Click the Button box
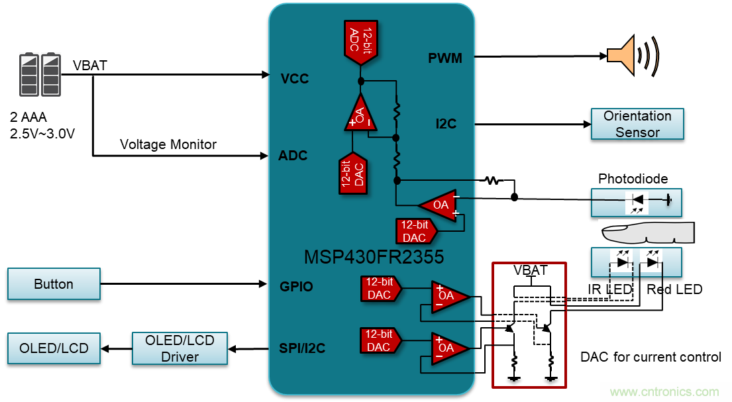[x=54, y=283]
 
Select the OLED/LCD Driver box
[x=180, y=348]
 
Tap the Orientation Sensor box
[x=637, y=124]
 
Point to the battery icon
[x=40, y=75]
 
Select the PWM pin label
[x=444, y=58]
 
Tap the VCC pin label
[x=295, y=79]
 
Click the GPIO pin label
[x=296, y=286]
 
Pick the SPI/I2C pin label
[x=302, y=348]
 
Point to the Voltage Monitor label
[x=168, y=144]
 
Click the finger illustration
[x=647, y=232]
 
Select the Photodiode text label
[x=633, y=179]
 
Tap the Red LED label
[x=674, y=289]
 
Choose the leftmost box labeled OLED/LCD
[x=54, y=348]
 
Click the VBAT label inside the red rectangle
[x=530, y=270]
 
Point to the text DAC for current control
[x=650, y=357]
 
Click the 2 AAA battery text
[x=28, y=117]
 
